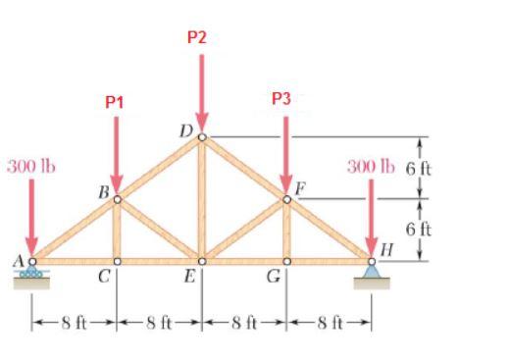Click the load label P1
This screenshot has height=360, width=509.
[116, 101]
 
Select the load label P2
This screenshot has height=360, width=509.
[197, 38]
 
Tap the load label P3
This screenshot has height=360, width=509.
[281, 98]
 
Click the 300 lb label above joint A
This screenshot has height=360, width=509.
[31, 165]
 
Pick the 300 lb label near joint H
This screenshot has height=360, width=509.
[370, 165]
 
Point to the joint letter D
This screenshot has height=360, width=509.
[186, 128]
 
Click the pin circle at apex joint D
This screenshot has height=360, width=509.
[202, 136]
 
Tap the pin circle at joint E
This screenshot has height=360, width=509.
[202, 262]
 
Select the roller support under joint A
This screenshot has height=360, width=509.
[32, 272]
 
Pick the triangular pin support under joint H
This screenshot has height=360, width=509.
[372, 272]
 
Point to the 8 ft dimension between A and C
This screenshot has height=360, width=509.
[74, 321]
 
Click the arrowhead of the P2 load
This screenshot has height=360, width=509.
[202, 123]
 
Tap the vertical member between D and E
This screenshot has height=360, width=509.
[202, 201]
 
